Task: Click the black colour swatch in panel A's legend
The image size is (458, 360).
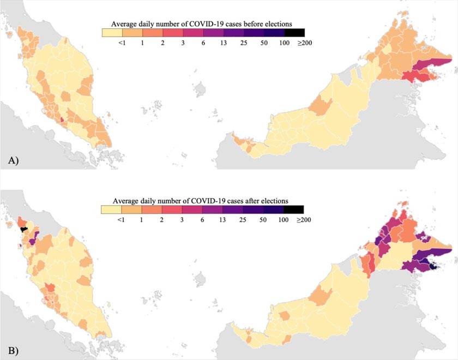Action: [294, 33]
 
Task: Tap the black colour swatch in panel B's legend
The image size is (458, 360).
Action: [294, 209]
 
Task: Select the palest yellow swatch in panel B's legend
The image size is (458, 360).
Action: [112, 209]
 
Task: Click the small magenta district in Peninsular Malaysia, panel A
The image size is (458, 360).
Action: [62, 120]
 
